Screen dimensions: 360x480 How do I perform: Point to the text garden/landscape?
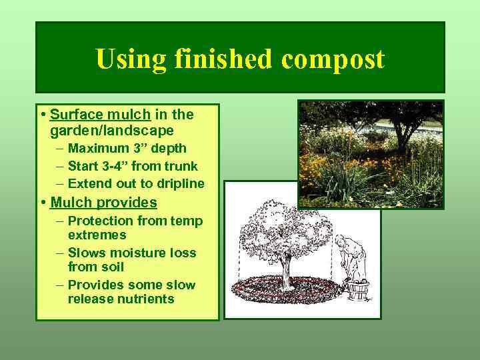(x=112, y=130)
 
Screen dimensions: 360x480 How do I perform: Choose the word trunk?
(x=181, y=166)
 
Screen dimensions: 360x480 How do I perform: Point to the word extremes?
(x=97, y=235)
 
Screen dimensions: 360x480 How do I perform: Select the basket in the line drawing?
(x=361, y=292)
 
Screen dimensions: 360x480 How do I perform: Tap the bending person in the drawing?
(x=349, y=257)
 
